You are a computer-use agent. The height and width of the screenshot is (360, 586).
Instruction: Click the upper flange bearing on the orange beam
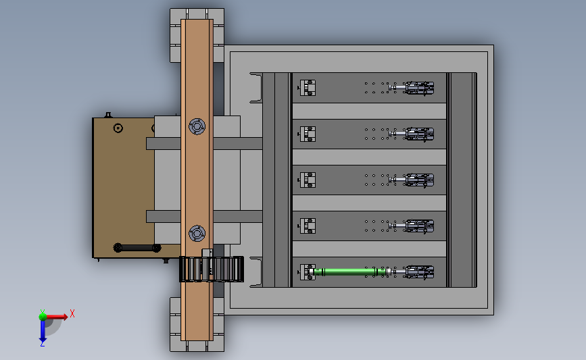click(x=197, y=126)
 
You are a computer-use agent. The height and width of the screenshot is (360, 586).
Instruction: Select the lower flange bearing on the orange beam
click(x=197, y=234)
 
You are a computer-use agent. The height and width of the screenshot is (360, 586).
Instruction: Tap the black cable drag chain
click(x=212, y=269)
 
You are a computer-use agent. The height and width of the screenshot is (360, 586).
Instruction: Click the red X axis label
click(x=72, y=313)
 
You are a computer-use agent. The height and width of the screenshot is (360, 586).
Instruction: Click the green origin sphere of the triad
click(x=43, y=317)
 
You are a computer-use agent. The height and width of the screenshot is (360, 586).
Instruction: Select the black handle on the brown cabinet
click(x=137, y=248)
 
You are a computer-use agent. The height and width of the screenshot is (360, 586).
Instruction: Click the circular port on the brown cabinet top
click(x=118, y=128)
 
